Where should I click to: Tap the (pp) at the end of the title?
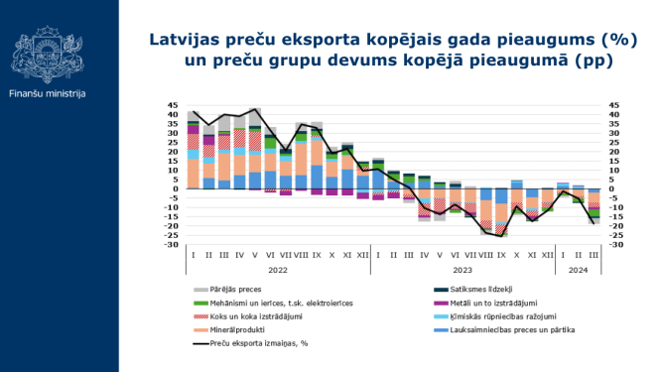594,61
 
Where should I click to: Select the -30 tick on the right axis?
615,244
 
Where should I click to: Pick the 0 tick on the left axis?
175,188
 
